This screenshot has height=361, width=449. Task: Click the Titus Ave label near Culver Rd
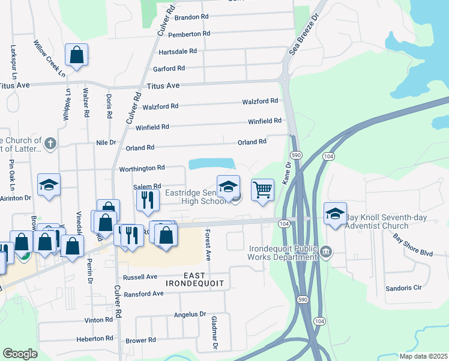click(x=163, y=86)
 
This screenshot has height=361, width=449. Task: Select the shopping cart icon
click(x=262, y=190)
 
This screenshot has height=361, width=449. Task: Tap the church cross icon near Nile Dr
click(x=50, y=144)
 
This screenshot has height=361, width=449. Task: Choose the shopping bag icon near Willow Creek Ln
click(x=77, y=55)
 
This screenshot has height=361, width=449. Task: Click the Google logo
click(x=20, y=354)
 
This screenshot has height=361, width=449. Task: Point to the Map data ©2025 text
click(x=423, y=356)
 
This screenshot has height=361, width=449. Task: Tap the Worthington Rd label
click(x=142, y=168)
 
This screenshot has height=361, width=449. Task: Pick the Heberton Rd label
click(x=95, y=339)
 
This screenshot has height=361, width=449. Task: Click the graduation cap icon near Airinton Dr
click(x=49, y=184)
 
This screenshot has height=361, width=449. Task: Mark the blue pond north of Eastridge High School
click(x=211, y=164)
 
